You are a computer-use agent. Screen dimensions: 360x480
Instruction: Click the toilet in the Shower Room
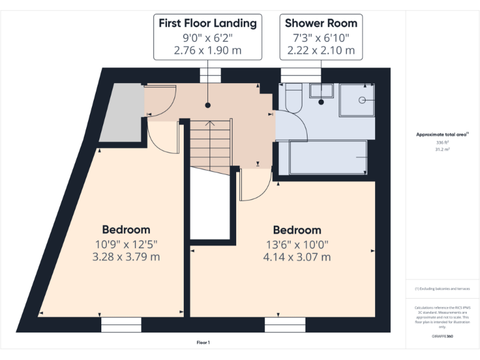click(x=292, y=98)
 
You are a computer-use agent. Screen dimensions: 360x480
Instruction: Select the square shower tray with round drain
click(x=357, y=101)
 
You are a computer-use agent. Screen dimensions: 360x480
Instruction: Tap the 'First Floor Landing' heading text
click(x=207, y=23)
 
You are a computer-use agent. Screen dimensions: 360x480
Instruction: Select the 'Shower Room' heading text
click(x=321, y=23)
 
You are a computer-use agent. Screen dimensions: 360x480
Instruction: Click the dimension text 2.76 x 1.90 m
click(x=207, y=50)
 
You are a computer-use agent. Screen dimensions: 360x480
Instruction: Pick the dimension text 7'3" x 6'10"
click(x=321, y=37)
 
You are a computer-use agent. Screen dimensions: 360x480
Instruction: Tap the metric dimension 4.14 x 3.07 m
click(x=297, y=257)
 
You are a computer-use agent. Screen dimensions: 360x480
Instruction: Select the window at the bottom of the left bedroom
click(x=121, y=325)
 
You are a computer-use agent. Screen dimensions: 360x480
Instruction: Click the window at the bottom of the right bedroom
click(x=284, y=325)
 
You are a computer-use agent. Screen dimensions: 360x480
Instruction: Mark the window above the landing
click(x=210, y=75)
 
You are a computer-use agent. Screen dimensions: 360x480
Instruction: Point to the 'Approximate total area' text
click(x=442, y=134)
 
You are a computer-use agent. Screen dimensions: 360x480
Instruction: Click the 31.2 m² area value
click(x=442, y=149)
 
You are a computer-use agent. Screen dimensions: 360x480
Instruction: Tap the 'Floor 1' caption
click(x=203, y=342)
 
